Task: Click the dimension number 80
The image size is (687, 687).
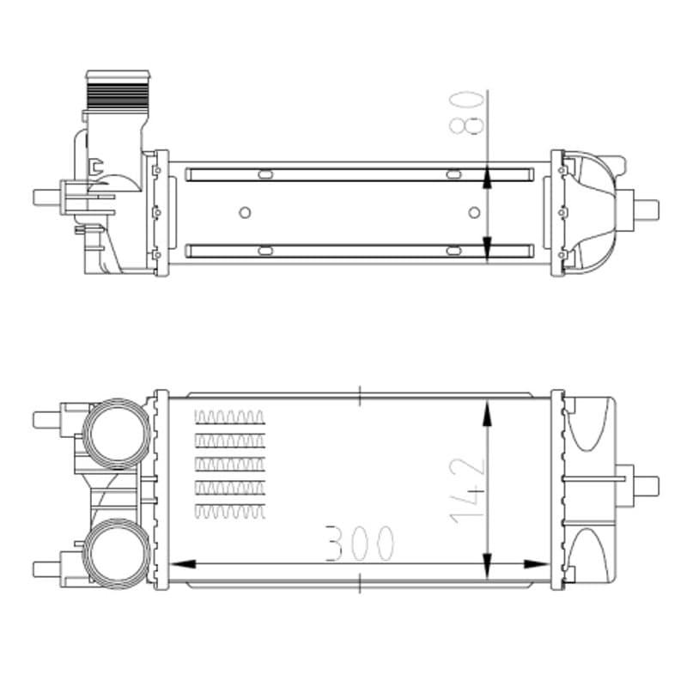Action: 467,112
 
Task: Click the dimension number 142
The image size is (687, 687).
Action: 467,490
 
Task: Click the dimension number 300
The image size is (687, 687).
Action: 360,544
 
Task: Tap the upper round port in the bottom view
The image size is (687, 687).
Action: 117,434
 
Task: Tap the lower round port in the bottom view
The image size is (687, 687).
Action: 117,554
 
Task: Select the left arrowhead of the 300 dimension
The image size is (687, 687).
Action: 182,564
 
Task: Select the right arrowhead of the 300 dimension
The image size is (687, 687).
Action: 536,564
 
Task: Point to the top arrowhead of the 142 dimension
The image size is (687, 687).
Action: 487,412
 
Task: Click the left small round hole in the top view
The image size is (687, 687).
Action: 245,213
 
